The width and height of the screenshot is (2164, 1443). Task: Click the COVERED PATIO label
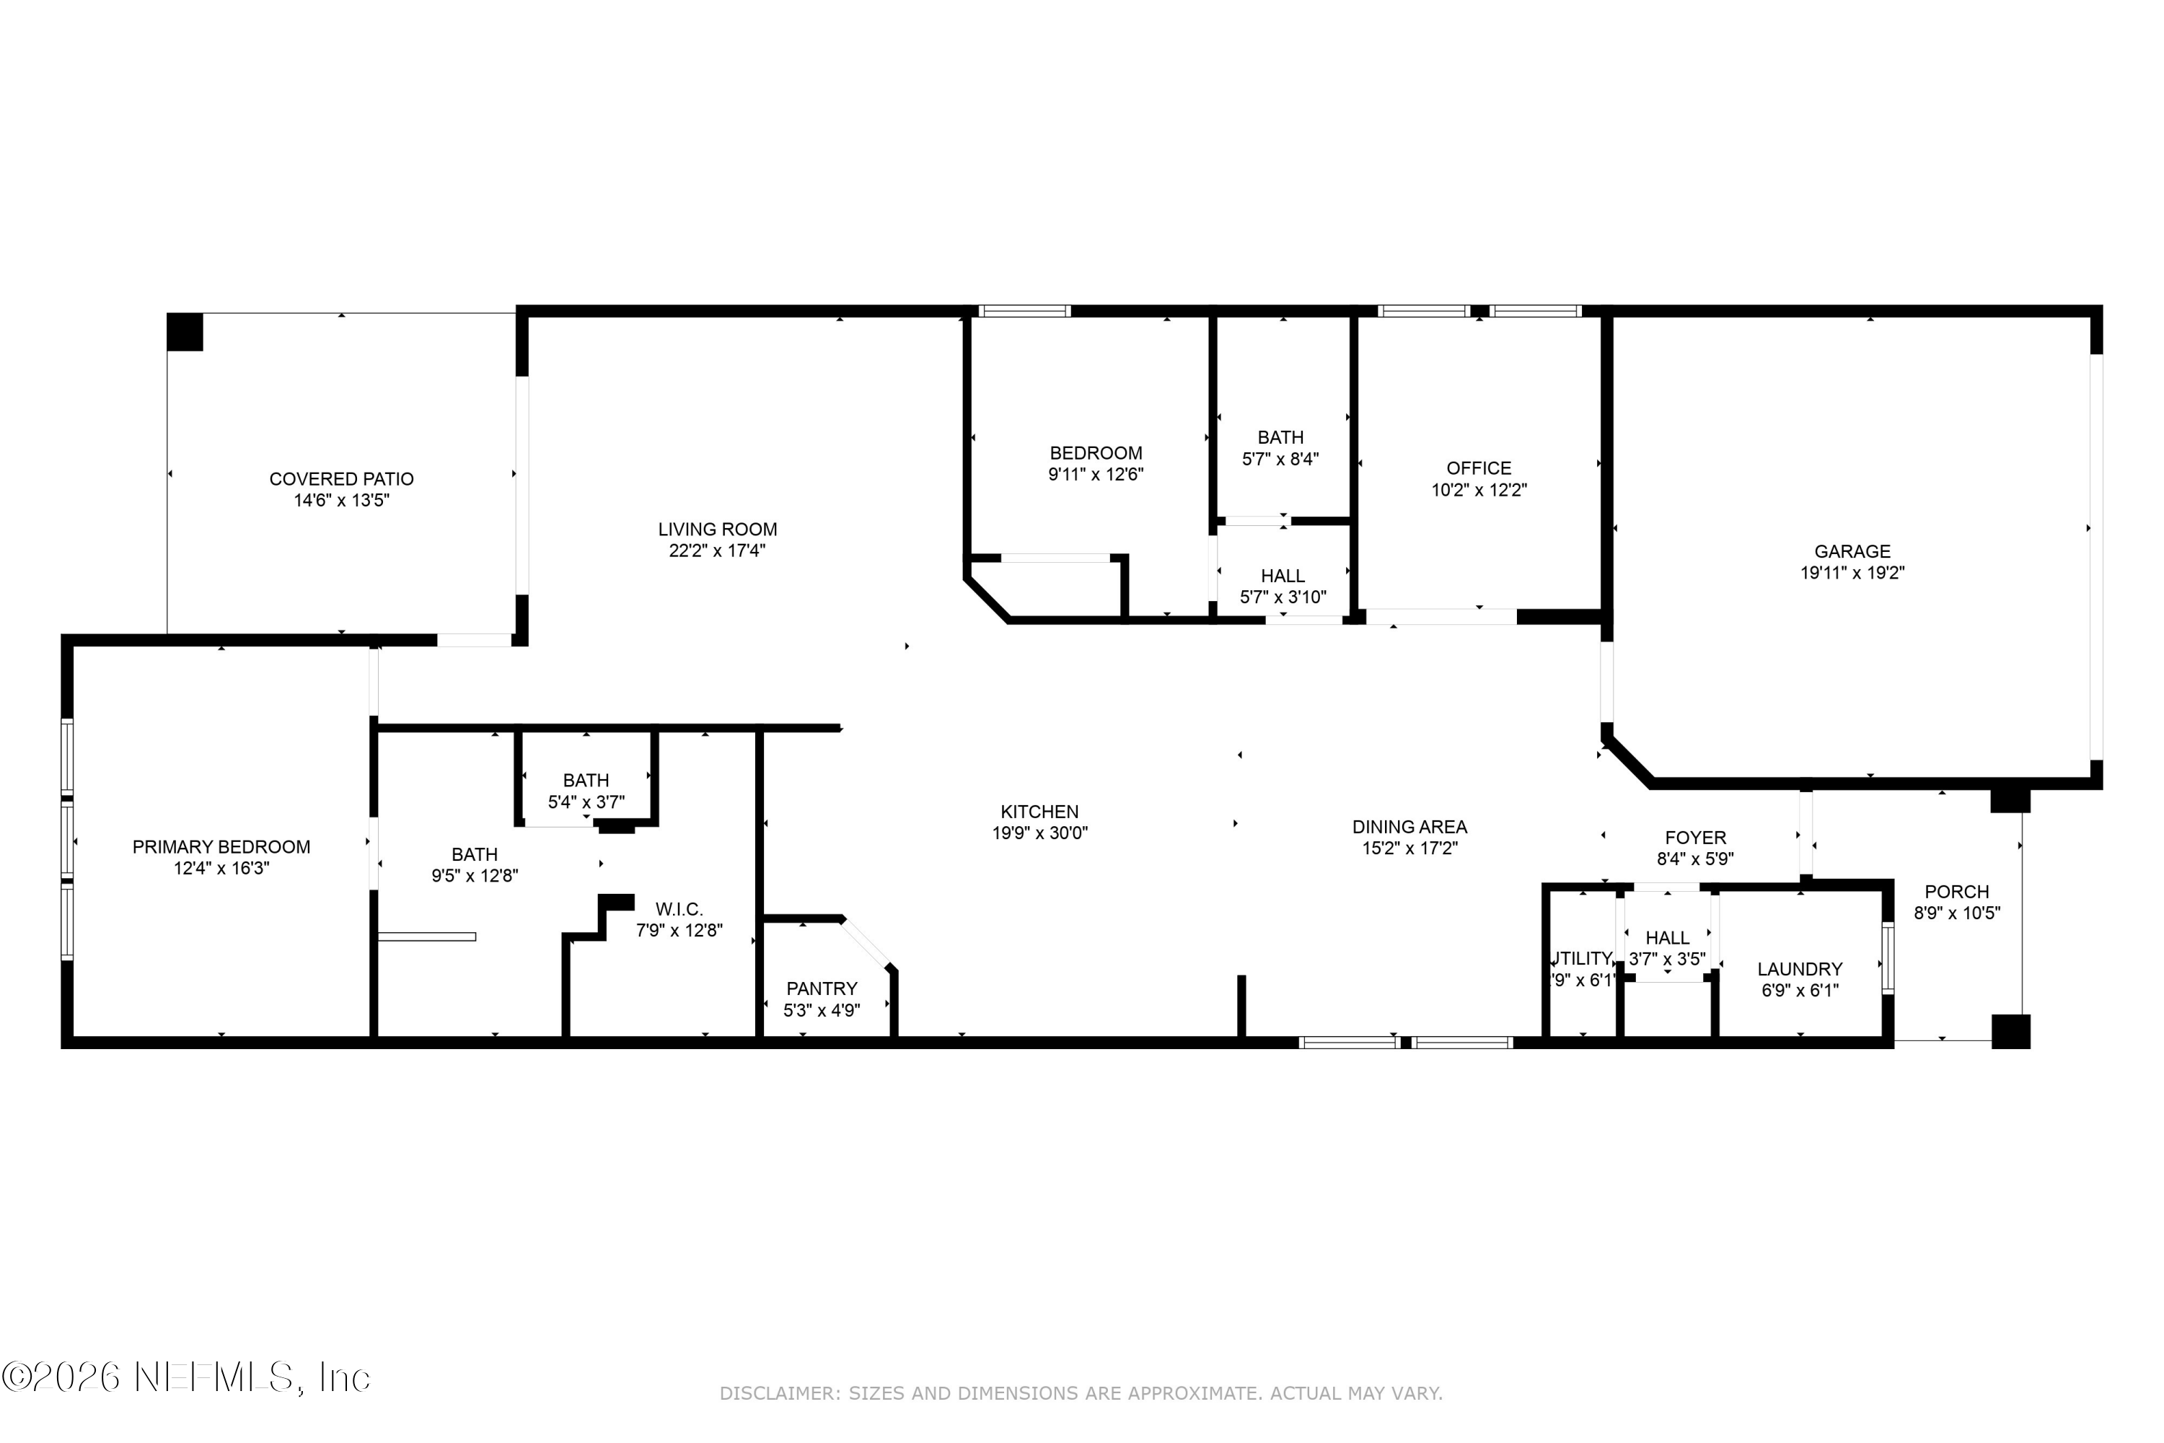coord(341,478)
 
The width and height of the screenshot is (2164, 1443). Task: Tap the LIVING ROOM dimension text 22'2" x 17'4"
coord(717,551)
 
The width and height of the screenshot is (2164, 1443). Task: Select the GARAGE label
coord(1852,551)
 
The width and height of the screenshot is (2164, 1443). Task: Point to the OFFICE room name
coord(1479,468)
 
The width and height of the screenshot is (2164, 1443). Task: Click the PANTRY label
coord(822,988)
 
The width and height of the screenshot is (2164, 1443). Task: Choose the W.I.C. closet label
coord(679,909)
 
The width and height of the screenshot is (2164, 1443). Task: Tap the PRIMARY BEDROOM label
coord(221,846)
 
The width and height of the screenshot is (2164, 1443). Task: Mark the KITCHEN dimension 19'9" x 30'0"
coord(1039,833)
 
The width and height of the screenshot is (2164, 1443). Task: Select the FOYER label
coord(1696,838)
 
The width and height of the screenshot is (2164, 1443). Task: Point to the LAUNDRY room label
coord(1800,969)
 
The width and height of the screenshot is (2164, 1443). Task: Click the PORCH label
coord(1957,892)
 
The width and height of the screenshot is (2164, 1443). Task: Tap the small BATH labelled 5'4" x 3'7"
coord(586,781)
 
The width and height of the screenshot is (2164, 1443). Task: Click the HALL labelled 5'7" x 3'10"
coord(1283,576)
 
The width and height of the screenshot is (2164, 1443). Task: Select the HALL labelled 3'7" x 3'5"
coord(1667,938)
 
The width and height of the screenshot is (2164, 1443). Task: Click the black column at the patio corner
coord(184,332)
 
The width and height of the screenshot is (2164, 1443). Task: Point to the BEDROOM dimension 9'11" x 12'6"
coord(1096,474)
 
